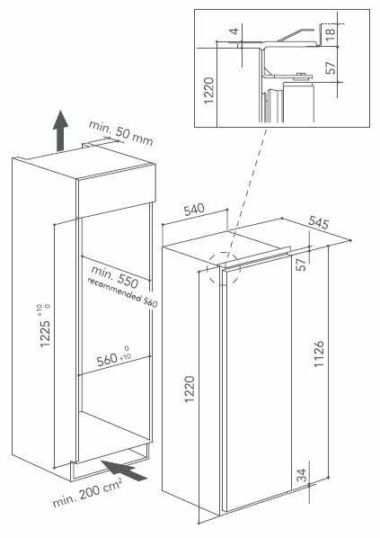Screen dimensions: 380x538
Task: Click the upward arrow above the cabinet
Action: click(x=60, y=130)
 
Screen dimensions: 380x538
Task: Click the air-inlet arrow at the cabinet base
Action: click(x=124, y=471)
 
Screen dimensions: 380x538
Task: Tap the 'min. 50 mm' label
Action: click(x=120, y=132)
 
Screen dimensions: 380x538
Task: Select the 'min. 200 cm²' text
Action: click(x=87, y=493)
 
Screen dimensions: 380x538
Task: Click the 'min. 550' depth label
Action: click(x=115, y=276)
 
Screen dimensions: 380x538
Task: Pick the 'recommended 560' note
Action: click(x=122, y=292)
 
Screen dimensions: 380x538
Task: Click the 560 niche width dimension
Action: click(x=113, y=359)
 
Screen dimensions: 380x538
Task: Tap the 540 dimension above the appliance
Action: click(x=194, y=210)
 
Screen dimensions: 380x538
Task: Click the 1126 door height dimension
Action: click(x=319, y=354)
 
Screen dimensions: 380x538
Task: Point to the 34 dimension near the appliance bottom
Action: click(x=301, y=476)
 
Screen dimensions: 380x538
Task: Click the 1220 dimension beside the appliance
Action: click(x=190, y=389)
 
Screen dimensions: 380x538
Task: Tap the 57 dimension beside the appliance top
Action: click(x=301, y=265)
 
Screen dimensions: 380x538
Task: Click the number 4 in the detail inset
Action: click(x=234, y=31)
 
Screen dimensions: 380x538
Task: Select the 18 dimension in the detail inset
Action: click(x=331, y=34)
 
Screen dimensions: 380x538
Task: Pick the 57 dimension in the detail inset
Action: click(x=331, y=68)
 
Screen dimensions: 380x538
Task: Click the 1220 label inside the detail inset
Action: click(x=208, y=90)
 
